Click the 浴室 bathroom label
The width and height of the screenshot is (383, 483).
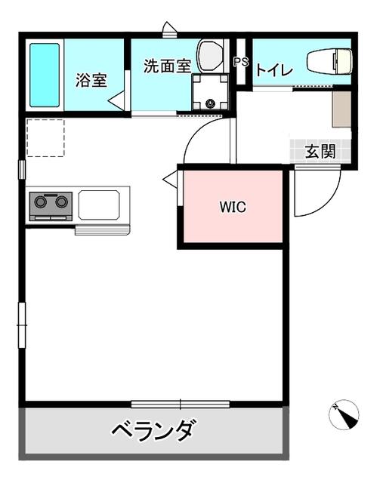coord(91,80)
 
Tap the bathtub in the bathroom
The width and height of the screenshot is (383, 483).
coord(45,75)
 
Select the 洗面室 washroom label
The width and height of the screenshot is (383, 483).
coord(168,66)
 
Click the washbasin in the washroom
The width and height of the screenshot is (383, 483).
coord(210,56)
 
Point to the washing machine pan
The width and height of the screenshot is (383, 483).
coord(210,92)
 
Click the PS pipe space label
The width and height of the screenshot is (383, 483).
coord(241,62)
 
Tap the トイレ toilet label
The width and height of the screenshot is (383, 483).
coord(274,71)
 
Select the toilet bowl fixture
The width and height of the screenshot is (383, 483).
coord(329,60)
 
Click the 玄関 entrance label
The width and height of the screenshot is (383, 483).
coord(320,151)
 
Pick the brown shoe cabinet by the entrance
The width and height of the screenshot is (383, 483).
coord(341,109)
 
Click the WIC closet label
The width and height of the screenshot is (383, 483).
coord(233,207)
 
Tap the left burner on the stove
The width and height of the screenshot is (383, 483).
coord(40,202)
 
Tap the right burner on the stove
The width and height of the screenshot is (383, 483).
coord(61,202)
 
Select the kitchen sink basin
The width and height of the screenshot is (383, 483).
coord(99,205)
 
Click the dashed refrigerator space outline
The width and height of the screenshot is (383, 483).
coord(45,137)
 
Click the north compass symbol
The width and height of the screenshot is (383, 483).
coord(344,414)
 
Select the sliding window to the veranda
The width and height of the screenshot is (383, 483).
coord(181,405)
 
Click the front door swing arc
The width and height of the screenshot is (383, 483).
coord(324,200)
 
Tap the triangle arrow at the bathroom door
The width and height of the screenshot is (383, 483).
coord(116,100)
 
